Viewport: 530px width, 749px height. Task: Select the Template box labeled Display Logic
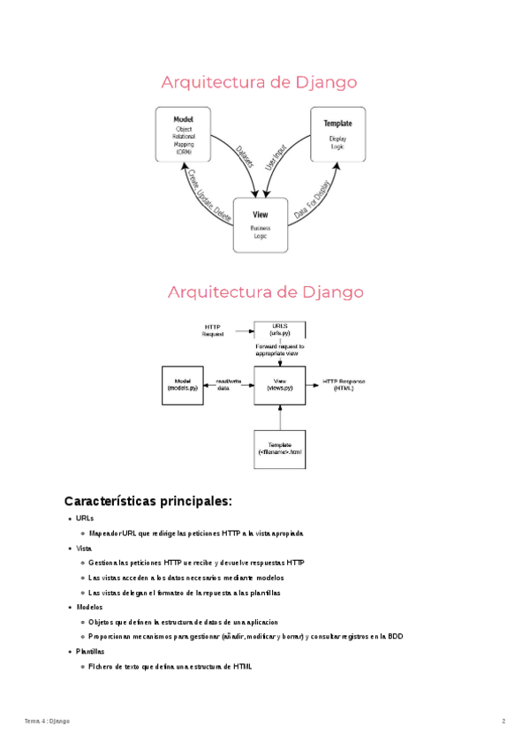337,134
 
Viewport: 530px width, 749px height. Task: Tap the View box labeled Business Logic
261,224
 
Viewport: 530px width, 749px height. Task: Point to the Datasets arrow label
246,156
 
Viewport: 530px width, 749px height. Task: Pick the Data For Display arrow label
312,200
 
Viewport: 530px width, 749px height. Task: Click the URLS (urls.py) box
280,330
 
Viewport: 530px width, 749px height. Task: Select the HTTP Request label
213,330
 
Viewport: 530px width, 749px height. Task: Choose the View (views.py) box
279,384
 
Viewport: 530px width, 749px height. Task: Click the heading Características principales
148,502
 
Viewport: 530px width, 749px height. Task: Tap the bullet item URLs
85,518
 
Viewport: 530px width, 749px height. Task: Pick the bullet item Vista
85,549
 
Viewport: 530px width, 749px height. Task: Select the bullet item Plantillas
89,651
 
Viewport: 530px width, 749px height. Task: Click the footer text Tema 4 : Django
47,722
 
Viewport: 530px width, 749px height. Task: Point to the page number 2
503,722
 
